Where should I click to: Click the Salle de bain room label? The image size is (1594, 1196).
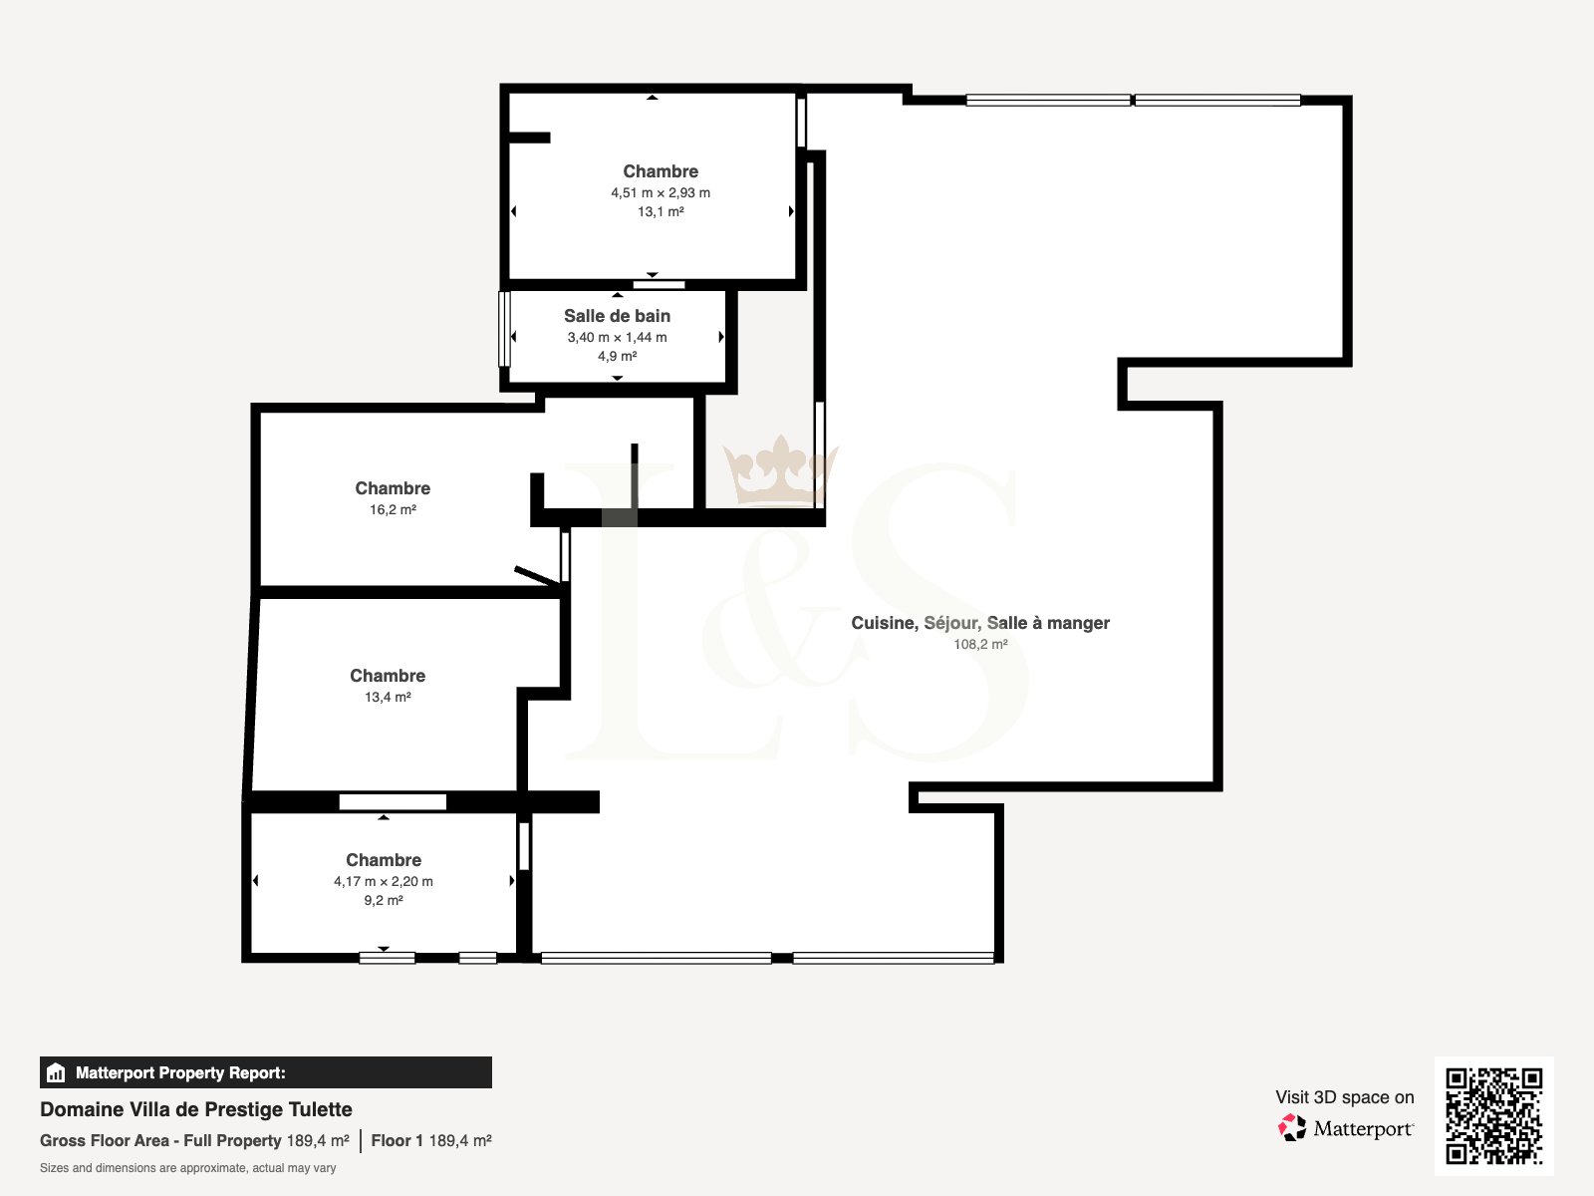pyautogui.click(x=617, y=316)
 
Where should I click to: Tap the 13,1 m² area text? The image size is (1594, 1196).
pyautogui.click(x=661, y=211)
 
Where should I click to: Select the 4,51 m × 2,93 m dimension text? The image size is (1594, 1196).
pyautogui.click(x=661, y=192)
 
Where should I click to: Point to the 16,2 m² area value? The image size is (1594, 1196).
pyautogui.click(x=393, y=509)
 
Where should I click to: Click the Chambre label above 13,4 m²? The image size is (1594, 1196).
pyautogui.click(x=388, y=676)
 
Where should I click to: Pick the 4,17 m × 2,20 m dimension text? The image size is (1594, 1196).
pyautogui.click(x=383, y=881)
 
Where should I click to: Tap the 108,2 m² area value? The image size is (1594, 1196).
pyautogui.click(x=979, y=644)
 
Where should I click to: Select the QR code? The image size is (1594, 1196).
pyautogui.click(x=1493, y=1115)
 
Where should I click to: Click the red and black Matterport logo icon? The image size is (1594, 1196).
pyautogui.click(x=1291, y=1128)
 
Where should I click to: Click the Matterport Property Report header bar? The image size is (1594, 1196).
pyautogui.click(x=266, y=1072)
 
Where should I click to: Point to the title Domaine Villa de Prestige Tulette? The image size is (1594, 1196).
pyautogui.click(x=196, y=1109)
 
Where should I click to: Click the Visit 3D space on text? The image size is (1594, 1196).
pyautogui.click(x=1344, y=1097)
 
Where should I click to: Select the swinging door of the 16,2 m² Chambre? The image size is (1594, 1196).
pyautogui.click(x=537, y=575)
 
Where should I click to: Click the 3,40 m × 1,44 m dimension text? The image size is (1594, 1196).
pyautogui.click(x=617, y=337)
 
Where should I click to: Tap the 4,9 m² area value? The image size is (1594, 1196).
pyautogui.click(x=617, y=356)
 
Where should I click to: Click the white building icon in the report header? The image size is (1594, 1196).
pyautogui.click(x=56, y=1072)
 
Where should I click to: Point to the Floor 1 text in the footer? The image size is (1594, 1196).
pyautogui.click(x=397, y=1141)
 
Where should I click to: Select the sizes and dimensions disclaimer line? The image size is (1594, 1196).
pyautogui.click(x=187, y=1168)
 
